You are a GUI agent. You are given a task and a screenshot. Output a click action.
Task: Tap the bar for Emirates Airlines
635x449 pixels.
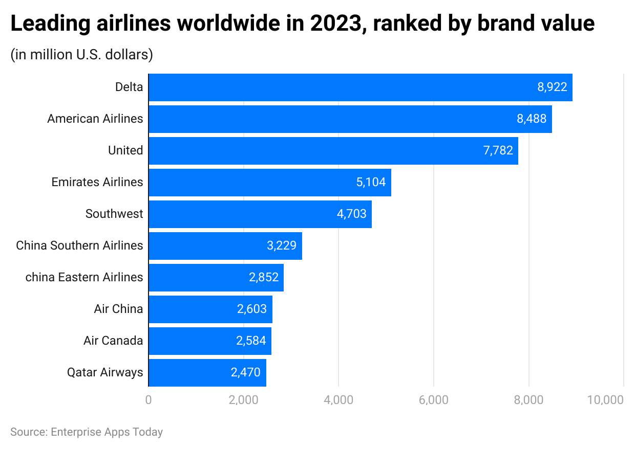269,183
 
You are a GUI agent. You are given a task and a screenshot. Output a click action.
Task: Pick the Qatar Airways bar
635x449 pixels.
207,373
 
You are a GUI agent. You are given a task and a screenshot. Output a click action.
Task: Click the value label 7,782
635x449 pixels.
498,151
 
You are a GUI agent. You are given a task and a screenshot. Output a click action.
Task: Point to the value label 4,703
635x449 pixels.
351,214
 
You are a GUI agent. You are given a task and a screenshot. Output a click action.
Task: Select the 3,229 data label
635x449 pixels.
281,246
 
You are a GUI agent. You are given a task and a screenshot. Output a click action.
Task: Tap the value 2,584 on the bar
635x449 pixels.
251,341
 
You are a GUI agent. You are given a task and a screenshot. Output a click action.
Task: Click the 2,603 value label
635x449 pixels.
251,309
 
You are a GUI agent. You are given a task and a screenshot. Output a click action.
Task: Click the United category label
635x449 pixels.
125,151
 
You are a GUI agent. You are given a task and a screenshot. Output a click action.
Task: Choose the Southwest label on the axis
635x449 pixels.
114,214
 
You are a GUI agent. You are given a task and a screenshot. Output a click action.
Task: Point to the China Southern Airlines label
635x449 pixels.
79,246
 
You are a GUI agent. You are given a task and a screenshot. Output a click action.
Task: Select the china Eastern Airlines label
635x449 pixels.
84,278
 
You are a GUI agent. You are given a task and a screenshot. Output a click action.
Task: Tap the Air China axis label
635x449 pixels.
118,309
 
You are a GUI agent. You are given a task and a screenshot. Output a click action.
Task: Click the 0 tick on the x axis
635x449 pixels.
149,400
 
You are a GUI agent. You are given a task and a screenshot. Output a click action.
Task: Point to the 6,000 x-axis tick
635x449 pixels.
433,400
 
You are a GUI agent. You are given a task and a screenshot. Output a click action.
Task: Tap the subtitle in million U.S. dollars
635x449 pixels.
82,55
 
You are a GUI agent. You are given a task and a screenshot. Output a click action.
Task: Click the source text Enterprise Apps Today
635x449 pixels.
107,432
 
